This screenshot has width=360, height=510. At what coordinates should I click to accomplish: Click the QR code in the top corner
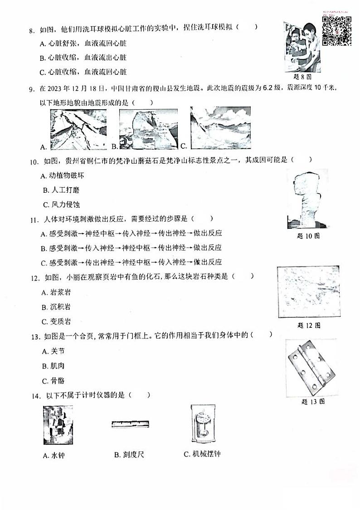(337, 31)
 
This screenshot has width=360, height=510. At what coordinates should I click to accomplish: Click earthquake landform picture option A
(77, 129)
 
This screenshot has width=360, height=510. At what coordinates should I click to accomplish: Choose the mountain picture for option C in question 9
(220, 128)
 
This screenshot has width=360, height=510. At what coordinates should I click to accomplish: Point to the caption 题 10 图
(307, 236)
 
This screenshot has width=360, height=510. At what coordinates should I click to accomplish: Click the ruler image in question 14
(130, 424)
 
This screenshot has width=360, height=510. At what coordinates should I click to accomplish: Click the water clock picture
(58, 425)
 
